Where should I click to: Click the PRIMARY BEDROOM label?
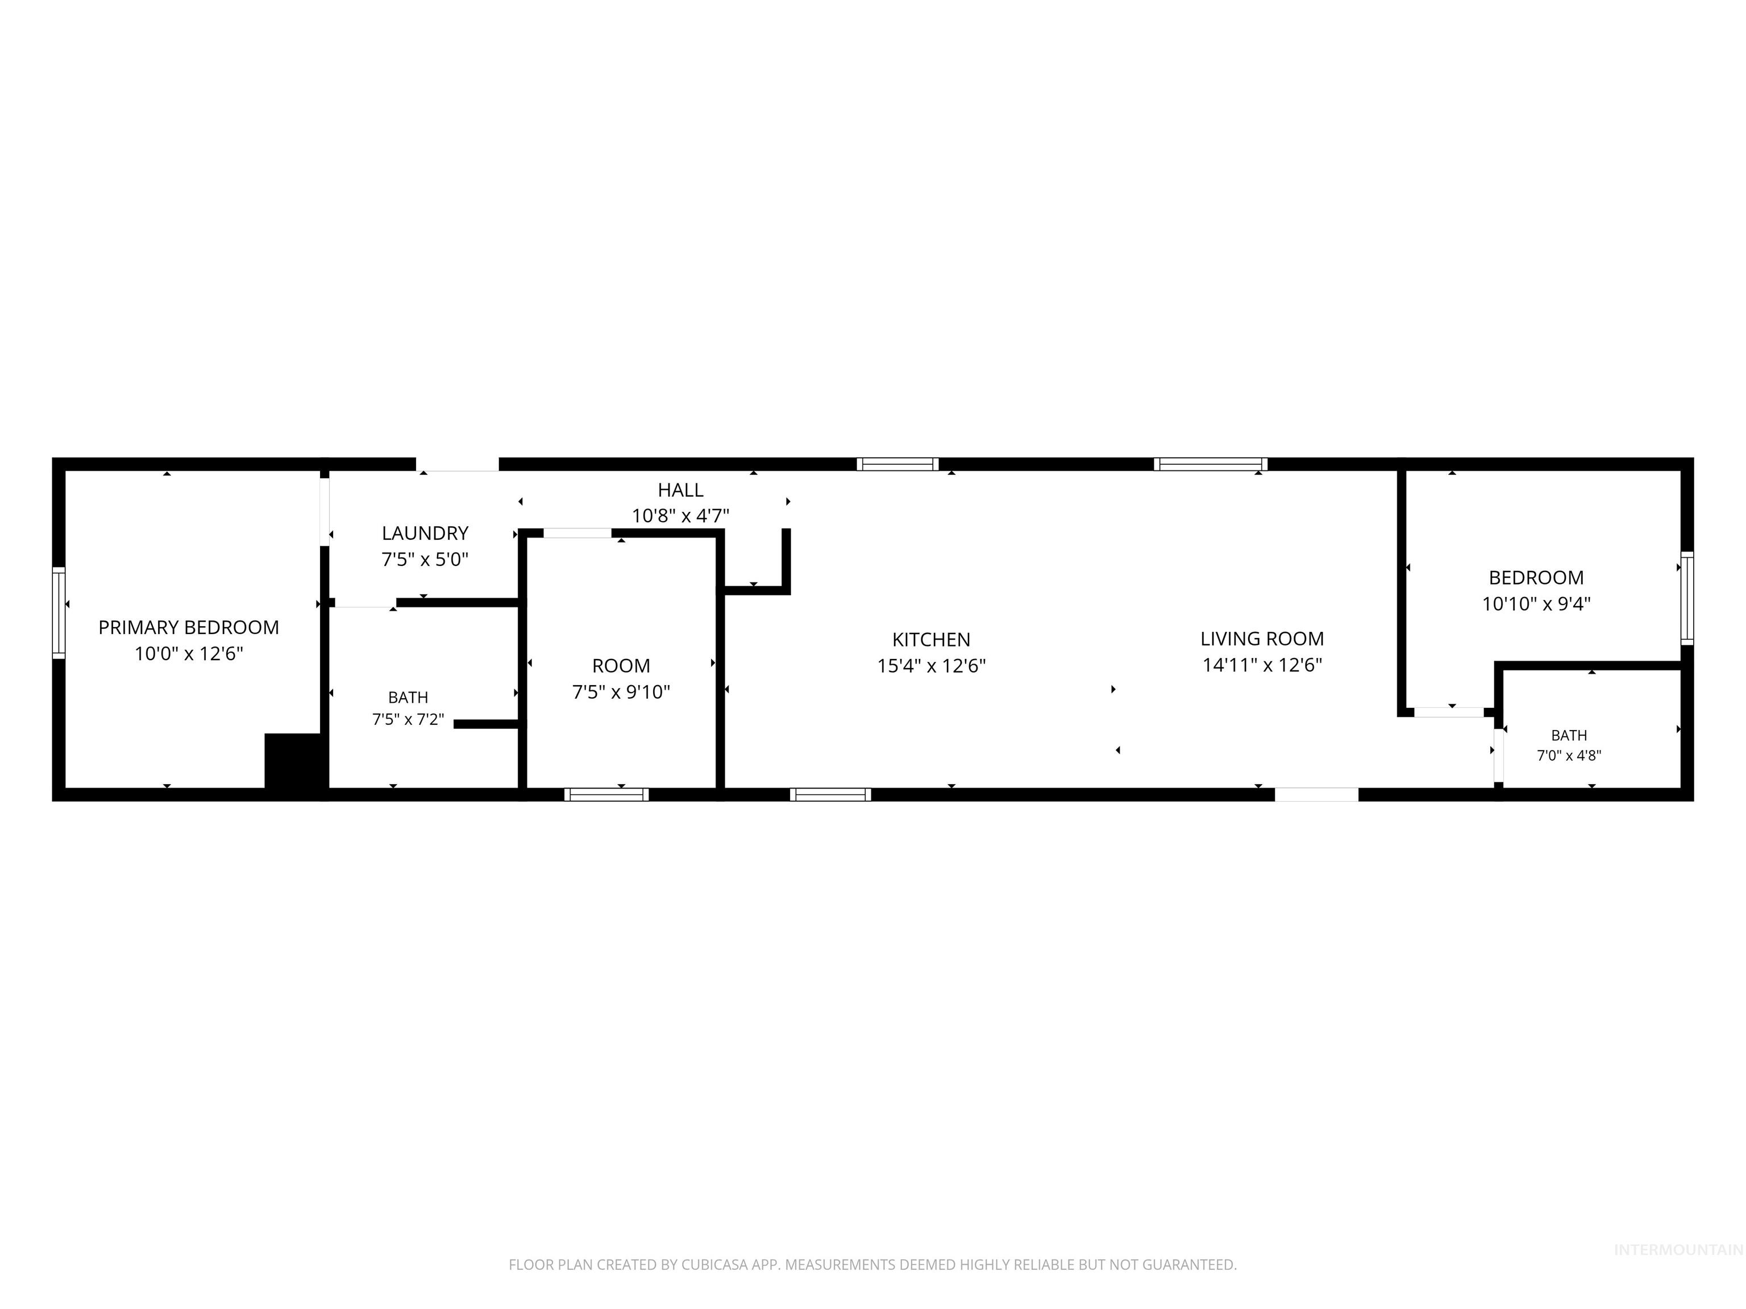coord(189,627)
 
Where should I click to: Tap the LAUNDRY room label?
coord(425,533)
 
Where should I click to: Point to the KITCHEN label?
coord(932,640)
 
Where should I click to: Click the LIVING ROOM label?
coord(1262,639)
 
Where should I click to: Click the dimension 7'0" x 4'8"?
coord(1569,756)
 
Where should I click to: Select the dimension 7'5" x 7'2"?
coord(408,720)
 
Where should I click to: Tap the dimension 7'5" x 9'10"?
coord(621,693)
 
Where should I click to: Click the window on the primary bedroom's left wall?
coord(59,612)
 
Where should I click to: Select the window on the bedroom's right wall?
coord(1687,598)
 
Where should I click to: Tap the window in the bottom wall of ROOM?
coord(606,795)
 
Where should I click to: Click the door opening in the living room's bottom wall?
coord(1316,795)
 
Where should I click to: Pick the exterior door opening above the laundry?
coord(458,464)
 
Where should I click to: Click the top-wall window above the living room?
coord(1210,464)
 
